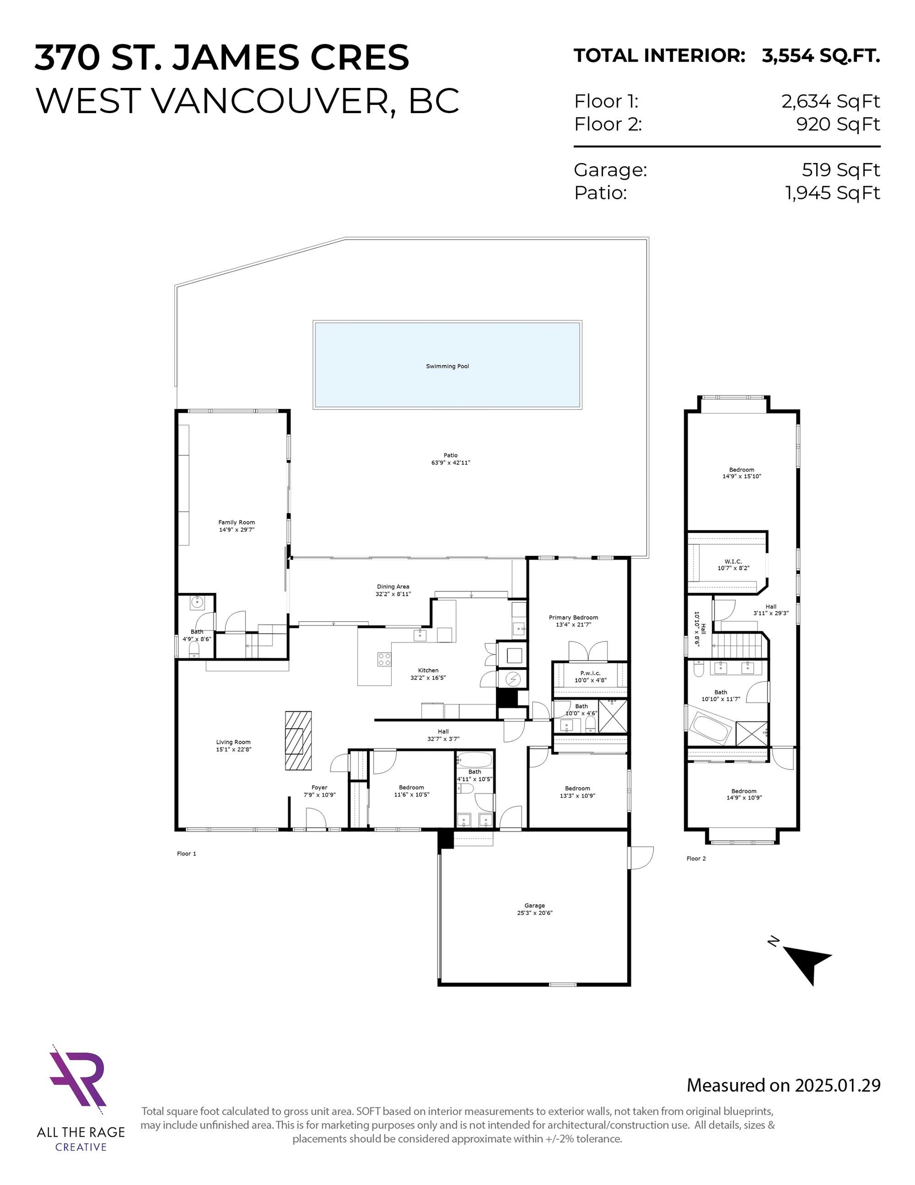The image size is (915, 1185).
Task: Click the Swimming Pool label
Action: point(447,366)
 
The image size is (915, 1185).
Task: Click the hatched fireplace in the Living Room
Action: point(298,740)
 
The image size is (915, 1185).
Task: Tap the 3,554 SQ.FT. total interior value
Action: point(820,56)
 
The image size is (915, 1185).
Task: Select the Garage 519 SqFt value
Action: point(840,170)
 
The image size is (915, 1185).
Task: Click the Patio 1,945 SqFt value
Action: point(833,193)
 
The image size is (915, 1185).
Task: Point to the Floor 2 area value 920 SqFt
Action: point(838,124)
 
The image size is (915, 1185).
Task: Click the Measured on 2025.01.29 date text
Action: point(784,1085)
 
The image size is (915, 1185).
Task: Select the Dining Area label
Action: point(393,586)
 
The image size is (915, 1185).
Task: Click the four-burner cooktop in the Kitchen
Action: point(385,659)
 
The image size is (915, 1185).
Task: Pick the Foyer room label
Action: point(319,787)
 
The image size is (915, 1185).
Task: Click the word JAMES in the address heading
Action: point(235,58)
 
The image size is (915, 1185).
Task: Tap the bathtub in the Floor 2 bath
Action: point(710,729)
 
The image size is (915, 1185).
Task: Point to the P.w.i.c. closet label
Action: point(590,673)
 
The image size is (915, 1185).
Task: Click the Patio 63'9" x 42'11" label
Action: point(450,459)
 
